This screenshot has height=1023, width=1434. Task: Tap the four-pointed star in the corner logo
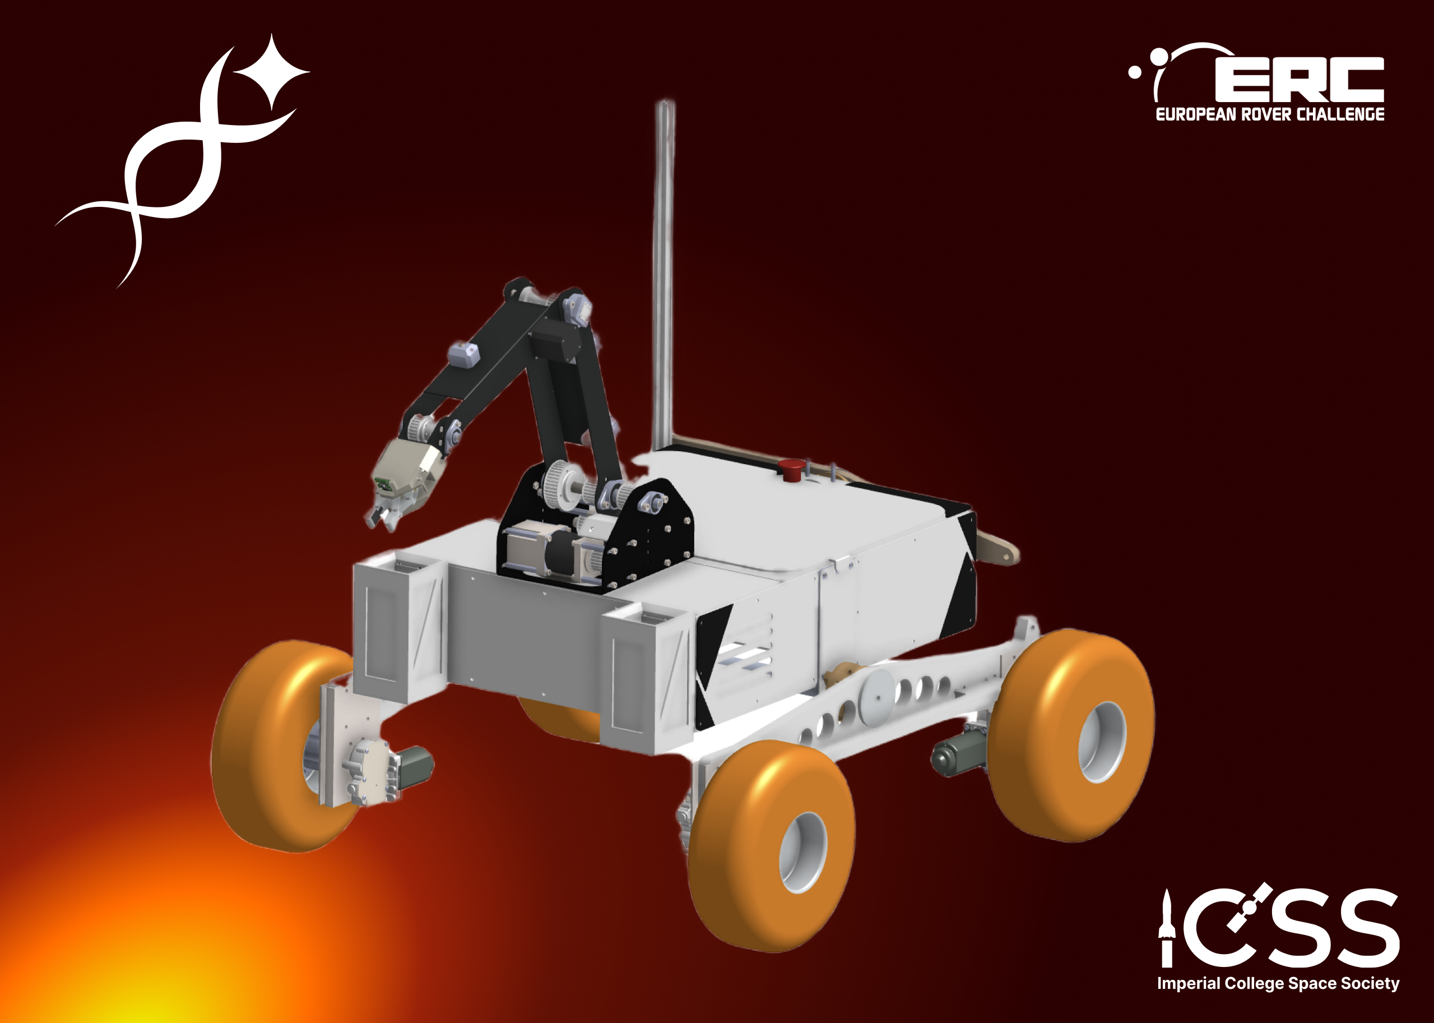coord(272,72)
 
